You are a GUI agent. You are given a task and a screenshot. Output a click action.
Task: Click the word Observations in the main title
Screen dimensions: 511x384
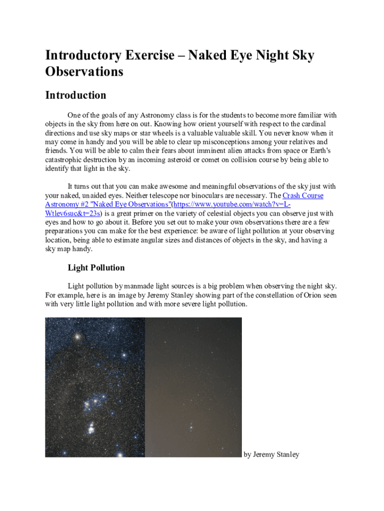84,72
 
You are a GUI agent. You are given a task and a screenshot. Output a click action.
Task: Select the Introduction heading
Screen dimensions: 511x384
75,95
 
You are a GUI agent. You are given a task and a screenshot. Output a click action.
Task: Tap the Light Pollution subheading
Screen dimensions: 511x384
96,267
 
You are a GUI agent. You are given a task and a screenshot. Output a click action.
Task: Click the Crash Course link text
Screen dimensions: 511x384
303,196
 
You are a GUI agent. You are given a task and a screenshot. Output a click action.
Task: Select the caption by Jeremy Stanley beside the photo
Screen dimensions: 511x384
271,454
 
